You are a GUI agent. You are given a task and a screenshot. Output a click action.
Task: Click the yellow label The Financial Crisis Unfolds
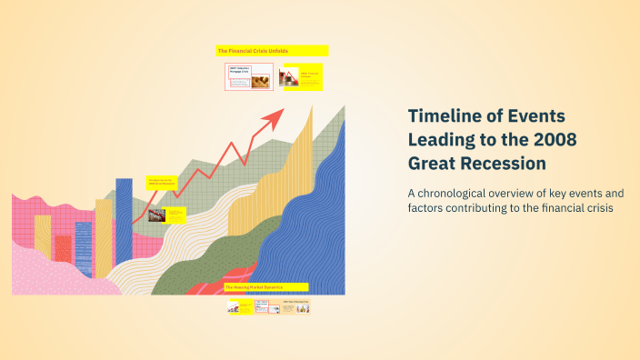(x=271, y=51)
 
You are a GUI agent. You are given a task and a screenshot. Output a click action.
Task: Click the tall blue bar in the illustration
(x=124, y=218)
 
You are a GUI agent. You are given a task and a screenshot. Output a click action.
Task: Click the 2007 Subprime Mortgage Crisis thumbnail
(x=248, y=76)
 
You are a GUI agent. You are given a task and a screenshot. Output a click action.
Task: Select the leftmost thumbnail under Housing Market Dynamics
(x=239, y=307)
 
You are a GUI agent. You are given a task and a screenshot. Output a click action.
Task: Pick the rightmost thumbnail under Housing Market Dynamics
(x=295, y=307)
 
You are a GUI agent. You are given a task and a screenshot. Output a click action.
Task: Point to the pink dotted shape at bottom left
(x=45, y=275)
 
